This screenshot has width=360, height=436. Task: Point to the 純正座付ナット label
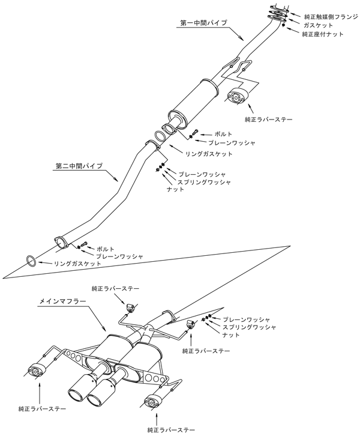pyautogui.click(x=323, y=34)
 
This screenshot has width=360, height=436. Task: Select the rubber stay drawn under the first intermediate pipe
pyautogui.click(x=239, y=97)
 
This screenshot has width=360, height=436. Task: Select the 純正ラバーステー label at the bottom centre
pyautogui.click(x=171, y=430)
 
